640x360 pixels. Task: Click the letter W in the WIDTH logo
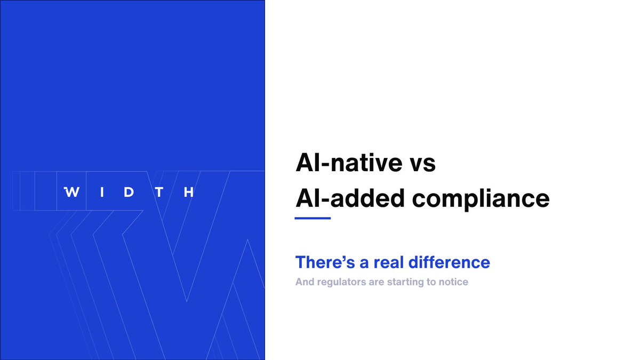(x=72, y=193)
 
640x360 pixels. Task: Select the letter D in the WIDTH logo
(x=129, y=193)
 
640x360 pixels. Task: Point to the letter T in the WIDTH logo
(x=158, y=193)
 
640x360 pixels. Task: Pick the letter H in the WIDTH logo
(x=188, y=193)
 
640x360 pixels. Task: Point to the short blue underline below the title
(x=313, y=218)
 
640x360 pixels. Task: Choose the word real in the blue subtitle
(x=377, y=262)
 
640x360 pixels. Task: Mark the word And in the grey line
(x=305, y=282)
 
